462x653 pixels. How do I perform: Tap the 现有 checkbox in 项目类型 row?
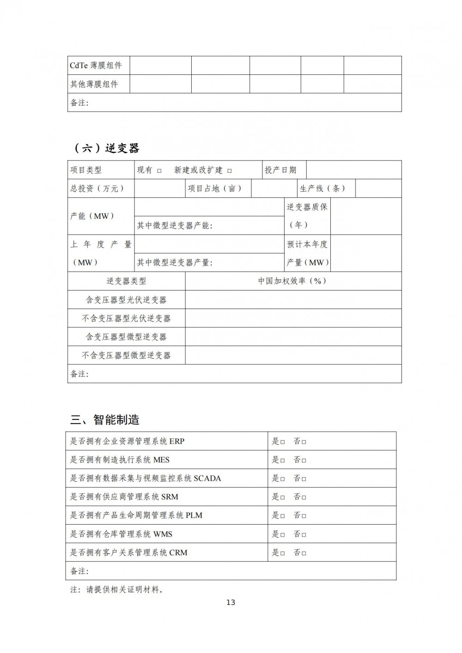pos(159,171)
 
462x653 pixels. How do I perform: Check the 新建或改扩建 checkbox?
pos(230,171)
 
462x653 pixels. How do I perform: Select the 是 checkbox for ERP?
pos(282,442)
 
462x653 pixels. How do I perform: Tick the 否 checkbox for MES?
pos(304,460)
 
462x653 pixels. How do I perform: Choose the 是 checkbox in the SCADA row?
pos(282,479)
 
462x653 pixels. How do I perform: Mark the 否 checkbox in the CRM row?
pos(304,553)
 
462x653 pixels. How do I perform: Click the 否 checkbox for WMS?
pos(304,535)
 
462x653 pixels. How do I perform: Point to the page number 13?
pos(231,602)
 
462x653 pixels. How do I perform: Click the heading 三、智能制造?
pos(105,420)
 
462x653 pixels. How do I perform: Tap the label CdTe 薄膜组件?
pos(96,66)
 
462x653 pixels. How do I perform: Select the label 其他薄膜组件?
pos(94,84)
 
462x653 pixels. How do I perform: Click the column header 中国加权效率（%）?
pos(292,281)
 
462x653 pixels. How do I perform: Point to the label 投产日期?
pos(280,170)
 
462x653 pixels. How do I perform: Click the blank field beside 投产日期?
pos(353,170)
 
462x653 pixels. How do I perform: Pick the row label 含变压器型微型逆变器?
pos(126,337)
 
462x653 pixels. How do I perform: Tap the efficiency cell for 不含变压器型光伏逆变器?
pos(293,318)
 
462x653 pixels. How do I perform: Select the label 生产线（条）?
pos(322,188)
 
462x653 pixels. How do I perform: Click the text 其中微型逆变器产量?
pos(175,263)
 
